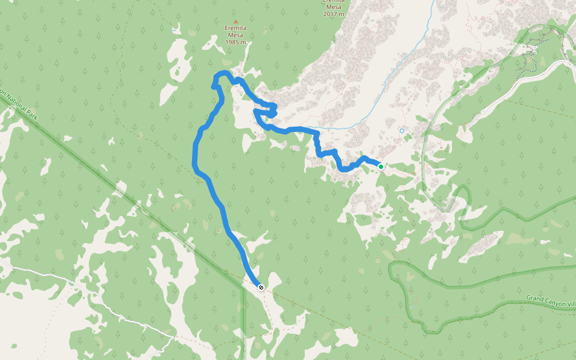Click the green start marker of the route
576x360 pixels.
pyautogui.click(x=380, y=166)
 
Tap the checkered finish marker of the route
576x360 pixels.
pyautogui.click(x=261, y=287)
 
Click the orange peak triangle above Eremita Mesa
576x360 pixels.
pyautogui.click(x=235, y=20)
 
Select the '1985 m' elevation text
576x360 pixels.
pyautogui.click(x=235, y=43)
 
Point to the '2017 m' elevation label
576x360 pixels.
pyautogui.click(x=334, y=13)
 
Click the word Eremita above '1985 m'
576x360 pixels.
pyautogui.click(x=235, y=28)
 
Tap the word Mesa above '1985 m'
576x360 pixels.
pyautogui.click(x=235, y=35)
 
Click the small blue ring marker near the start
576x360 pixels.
pyautogui.click(x=402, y=130)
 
